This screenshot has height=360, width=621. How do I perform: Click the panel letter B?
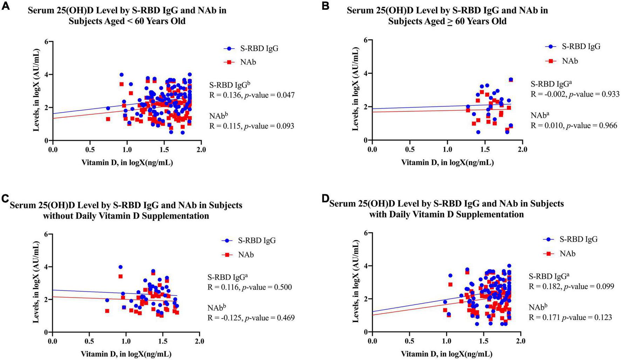tap(325, 6)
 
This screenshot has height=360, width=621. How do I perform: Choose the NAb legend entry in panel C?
tap(238, 255)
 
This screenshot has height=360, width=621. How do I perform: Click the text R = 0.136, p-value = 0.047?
tap(252, 95)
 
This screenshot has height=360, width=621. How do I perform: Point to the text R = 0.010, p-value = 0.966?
tap(574, 125)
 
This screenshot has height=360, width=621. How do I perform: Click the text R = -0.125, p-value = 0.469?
tap(251, 318)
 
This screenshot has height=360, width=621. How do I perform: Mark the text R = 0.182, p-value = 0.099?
tap(571, 286)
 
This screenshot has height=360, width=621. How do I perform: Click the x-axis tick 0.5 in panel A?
tap(90, 150)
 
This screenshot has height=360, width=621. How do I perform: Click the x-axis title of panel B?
tap(447, 162)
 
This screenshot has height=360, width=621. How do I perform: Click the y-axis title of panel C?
tap(36, 283)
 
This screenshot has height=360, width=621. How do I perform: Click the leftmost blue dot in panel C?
tap(107, 300)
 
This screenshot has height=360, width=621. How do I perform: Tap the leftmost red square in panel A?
tap(108, 119)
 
